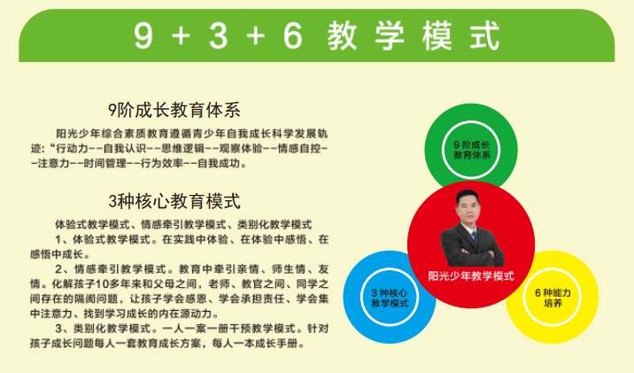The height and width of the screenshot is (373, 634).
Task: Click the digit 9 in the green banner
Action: point(144,35)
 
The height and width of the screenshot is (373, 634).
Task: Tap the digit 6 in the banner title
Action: point(293,35)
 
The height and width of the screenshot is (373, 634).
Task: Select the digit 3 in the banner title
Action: point(219,35)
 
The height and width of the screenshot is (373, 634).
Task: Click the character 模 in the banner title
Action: point(437,36)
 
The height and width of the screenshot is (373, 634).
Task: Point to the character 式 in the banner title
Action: point(485,36)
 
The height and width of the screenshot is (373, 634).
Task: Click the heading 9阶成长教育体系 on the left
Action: point(174,111)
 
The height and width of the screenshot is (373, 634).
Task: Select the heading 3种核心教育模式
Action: point(174,201)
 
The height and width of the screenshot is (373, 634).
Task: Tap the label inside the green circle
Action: point(471,150)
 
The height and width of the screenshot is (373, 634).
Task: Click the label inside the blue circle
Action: point(390,298)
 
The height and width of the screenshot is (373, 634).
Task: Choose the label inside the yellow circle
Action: point(553,298)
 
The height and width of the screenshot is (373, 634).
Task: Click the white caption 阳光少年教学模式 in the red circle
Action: point(471,276)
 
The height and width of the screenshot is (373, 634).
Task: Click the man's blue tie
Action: point(475,237)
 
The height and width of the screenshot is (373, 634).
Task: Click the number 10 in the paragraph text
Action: point(102,284)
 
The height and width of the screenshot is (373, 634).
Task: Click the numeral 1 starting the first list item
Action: point(58,239)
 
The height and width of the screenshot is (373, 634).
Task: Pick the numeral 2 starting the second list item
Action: point(58,269)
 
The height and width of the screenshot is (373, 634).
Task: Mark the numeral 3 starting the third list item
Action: point(58,328)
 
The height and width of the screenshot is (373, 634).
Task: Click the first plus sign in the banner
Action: point(181,36)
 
